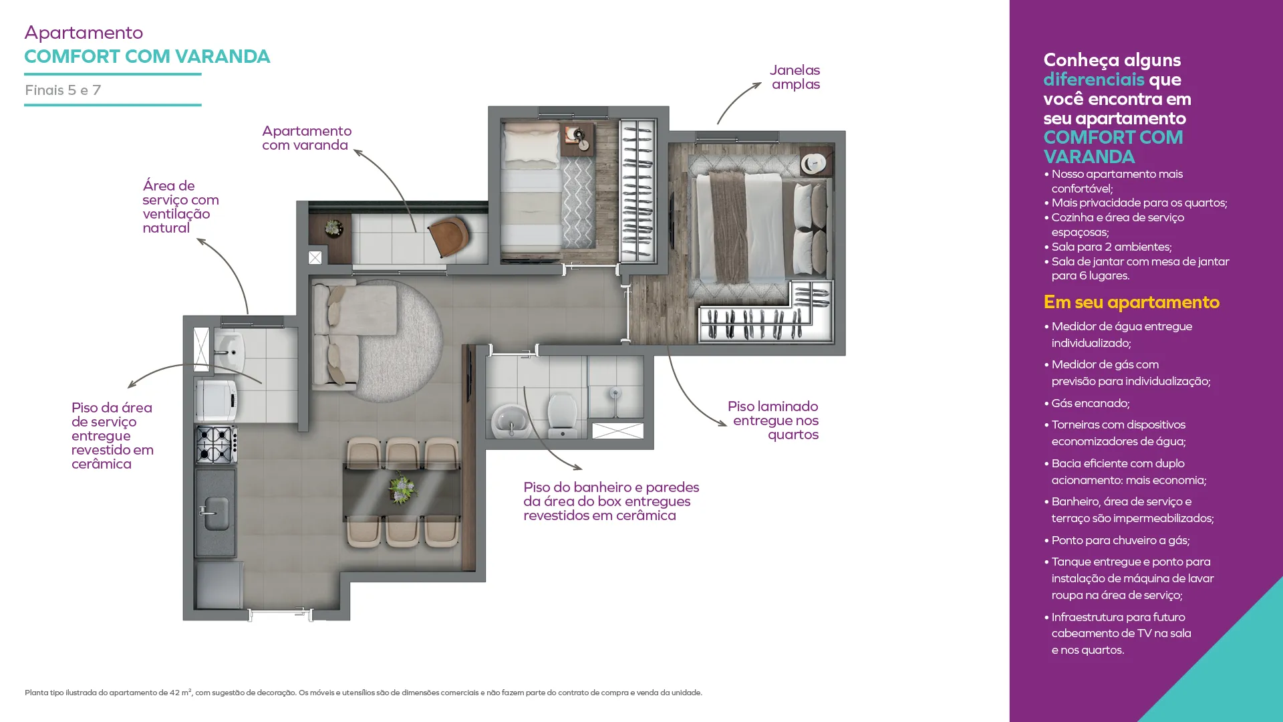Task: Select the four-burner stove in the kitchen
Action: point(216,444)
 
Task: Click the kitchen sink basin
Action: point(216,513)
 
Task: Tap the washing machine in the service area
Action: point(216,400)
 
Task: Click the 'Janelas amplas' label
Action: point(795,77)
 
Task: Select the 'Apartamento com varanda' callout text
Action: point(307,138)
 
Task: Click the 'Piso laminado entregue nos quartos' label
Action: point(773,420)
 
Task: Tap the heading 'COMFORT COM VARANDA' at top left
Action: point(147,56)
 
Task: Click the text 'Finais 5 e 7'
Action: point(63,90)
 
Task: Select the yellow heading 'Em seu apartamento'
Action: point(1131,302)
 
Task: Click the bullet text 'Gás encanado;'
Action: point(1091,403)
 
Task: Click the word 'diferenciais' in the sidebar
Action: point(1094,80)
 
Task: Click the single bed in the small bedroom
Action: point(531,191)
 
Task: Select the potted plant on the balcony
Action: point(332,229)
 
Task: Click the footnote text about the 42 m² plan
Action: point(364,693)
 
